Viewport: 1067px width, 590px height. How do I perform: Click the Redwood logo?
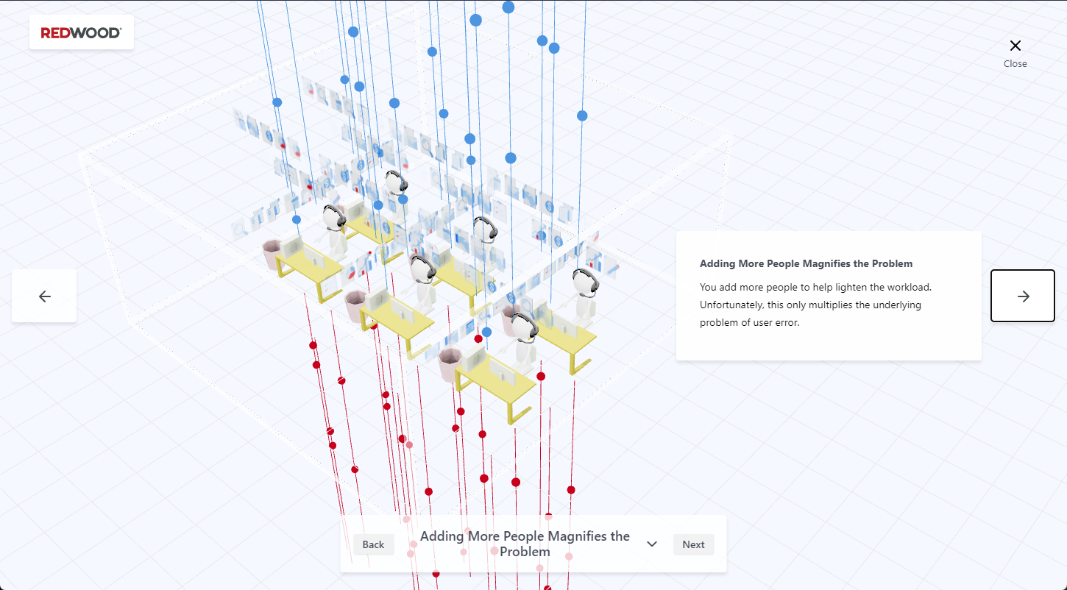click(x=81, y=33)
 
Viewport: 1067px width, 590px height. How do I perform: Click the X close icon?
click(x=1015, y=46)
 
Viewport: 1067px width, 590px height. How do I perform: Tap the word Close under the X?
click(x=1015, y=64)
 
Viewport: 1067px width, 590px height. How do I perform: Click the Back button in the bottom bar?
click(x=373, y=544)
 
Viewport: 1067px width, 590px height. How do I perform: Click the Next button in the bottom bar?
click(x=693, y=544)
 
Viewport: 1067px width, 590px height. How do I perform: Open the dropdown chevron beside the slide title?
click(x=652, y=544)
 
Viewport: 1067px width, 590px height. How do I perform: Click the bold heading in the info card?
click(x=806, y=263)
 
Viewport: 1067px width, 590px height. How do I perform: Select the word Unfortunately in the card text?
click(x=731, y=305)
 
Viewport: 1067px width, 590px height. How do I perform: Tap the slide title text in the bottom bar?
click(x=525, y=544)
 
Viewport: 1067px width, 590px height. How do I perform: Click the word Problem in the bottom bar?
click(x=525, y=552)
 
